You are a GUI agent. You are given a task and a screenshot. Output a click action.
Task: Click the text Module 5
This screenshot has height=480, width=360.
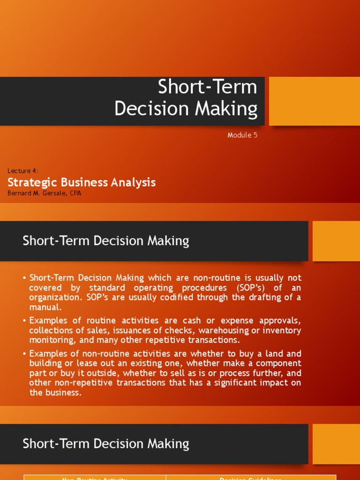242,135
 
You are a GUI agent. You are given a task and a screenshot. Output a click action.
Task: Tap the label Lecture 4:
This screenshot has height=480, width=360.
23,171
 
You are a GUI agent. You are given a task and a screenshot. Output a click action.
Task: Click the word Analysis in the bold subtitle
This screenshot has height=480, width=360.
132,182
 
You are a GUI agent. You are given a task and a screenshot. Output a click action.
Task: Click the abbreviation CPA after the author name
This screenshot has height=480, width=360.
75,193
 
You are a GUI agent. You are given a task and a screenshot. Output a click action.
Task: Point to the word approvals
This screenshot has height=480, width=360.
278,321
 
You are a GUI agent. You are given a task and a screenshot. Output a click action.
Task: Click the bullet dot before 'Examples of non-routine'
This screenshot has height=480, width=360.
24,354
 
